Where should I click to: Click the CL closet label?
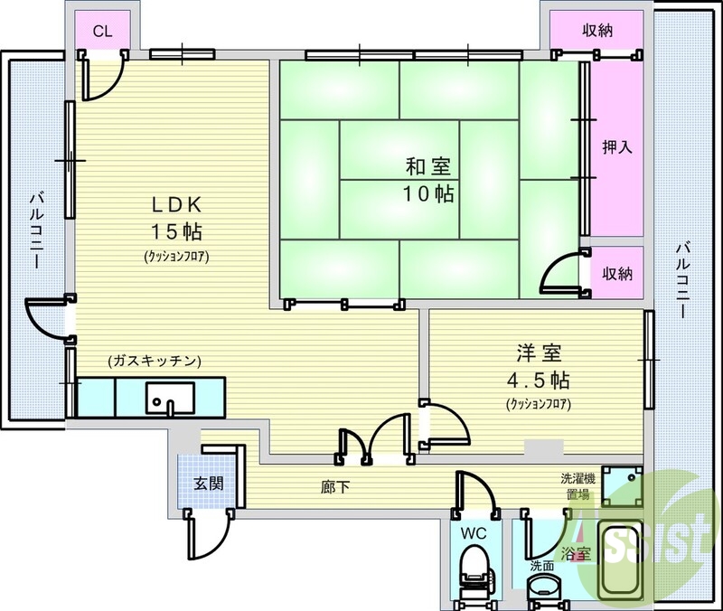103,31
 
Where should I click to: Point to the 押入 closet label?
617,146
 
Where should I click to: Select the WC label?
474,533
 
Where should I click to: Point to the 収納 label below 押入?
617,273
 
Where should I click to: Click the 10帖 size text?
429,193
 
